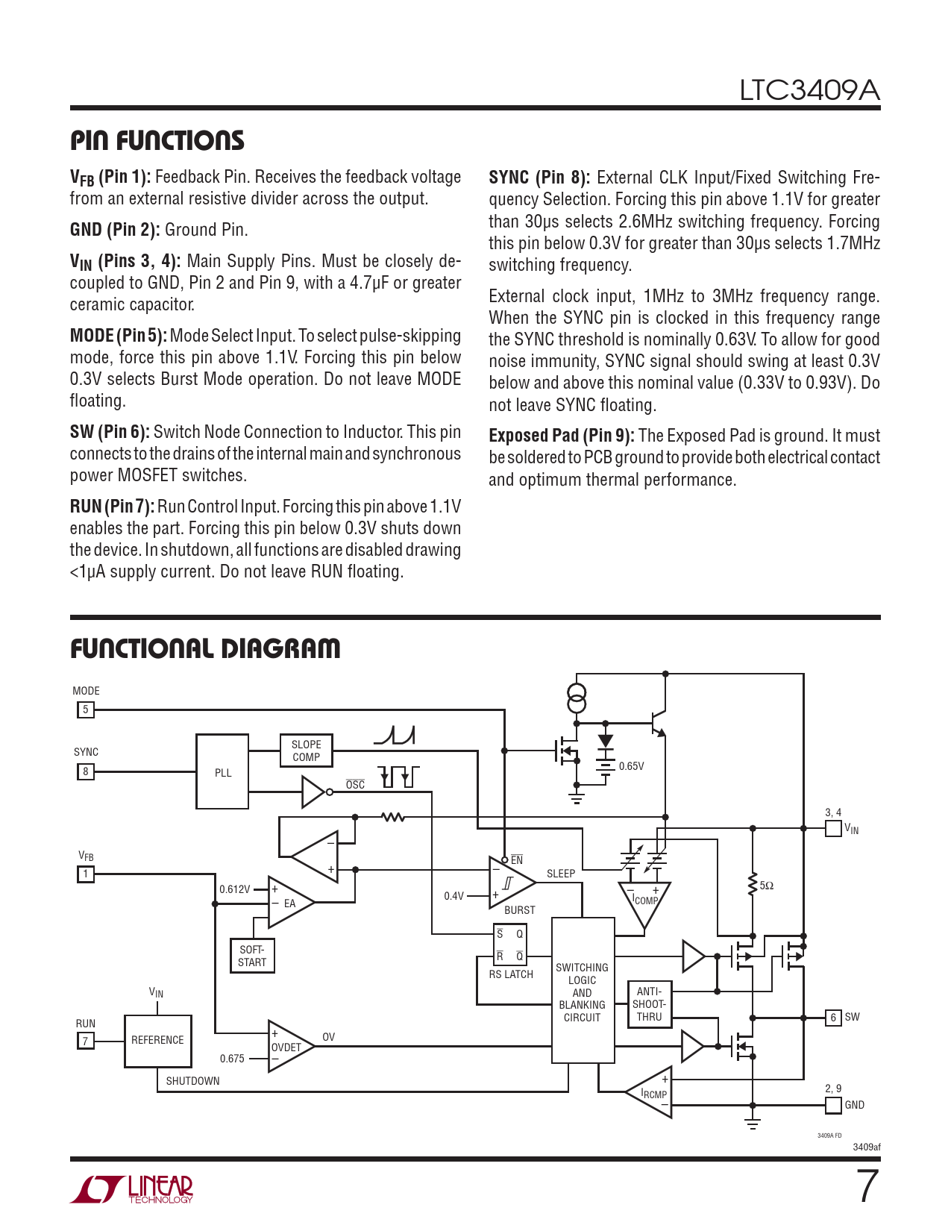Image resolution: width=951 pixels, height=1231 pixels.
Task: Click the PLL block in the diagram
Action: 222,771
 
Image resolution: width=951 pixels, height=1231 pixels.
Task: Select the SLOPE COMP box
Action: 306,751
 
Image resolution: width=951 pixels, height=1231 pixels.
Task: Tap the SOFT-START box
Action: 252,956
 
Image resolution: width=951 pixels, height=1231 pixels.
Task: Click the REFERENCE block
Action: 157,1040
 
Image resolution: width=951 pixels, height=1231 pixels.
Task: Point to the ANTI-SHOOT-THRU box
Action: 649,1004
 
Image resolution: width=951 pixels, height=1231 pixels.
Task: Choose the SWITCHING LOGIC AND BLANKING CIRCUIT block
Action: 582,992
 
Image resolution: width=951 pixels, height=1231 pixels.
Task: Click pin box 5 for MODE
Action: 86,710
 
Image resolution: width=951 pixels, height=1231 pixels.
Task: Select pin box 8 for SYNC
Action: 86,771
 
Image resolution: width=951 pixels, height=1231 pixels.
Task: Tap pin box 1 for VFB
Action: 86,874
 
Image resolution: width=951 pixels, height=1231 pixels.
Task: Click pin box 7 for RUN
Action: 86,1041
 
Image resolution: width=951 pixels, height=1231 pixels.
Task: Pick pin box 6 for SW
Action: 833,1018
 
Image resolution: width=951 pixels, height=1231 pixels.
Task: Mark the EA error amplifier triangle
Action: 288,903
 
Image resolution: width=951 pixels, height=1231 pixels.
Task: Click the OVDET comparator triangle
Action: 287,1046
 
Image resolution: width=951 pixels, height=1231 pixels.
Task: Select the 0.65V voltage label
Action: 631,766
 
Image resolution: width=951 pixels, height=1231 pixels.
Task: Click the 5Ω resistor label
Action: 767,886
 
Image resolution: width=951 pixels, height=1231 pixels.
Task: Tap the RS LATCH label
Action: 511,974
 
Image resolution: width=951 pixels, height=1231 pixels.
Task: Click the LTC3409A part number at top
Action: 809,91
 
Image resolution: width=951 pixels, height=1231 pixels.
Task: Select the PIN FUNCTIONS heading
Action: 157,140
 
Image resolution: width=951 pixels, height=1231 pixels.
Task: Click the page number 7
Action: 867,1186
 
